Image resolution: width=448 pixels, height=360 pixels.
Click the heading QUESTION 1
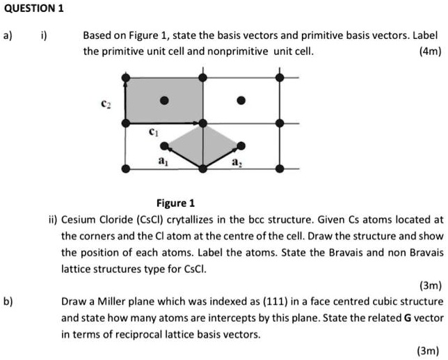[33, 9]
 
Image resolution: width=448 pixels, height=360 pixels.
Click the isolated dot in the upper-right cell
[241, 100]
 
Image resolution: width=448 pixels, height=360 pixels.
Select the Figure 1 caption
[175, 203]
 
